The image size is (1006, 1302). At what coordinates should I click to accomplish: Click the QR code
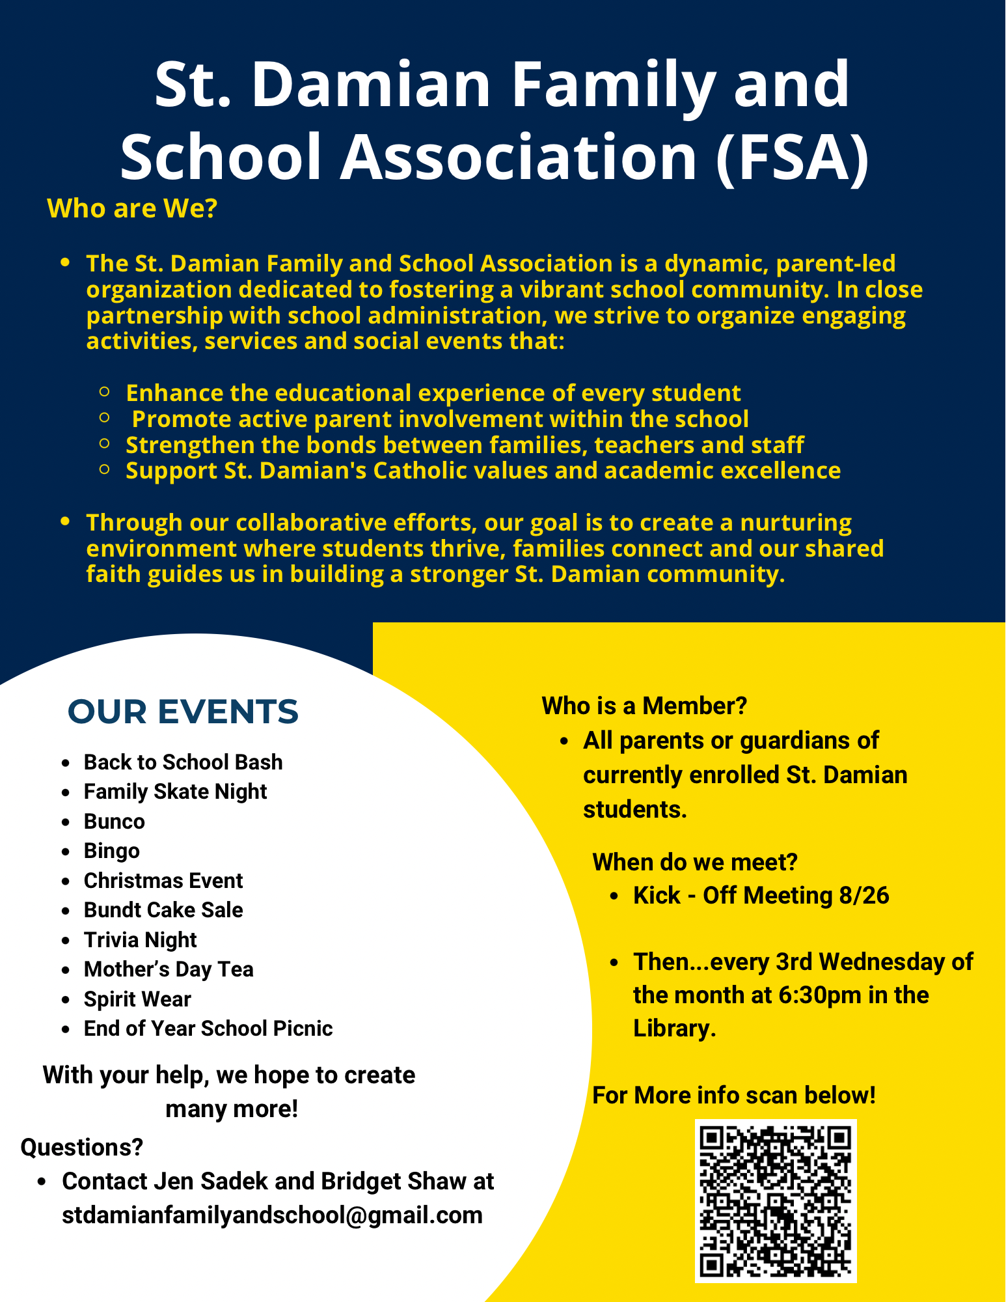point(775,1200)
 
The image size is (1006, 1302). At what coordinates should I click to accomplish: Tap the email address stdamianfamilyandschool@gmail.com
point(272,1215)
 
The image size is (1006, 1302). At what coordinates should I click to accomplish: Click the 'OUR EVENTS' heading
point(183,712)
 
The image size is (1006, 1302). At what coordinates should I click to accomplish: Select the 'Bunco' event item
point(115,822)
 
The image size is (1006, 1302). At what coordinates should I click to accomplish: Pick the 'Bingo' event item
point(112,851)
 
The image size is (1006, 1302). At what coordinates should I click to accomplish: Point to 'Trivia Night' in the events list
point(140,940)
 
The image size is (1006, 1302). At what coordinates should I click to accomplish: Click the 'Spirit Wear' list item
point(137,999)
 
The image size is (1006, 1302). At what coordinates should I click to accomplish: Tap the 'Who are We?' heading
point(132,208)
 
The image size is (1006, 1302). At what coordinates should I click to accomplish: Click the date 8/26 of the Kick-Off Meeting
point(863,896)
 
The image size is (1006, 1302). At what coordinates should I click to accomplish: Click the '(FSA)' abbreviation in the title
point(792,157)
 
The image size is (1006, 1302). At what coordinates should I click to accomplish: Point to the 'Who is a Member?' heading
point(644,706)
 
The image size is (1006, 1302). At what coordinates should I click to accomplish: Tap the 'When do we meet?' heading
point(694,862)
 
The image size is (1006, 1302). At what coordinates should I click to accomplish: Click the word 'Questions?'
point(82,1147)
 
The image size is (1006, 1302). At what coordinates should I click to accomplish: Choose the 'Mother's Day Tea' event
point(169,969)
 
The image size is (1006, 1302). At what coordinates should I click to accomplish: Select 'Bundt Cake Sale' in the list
point(163,910)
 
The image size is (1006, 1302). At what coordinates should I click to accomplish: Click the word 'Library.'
point(675,1029)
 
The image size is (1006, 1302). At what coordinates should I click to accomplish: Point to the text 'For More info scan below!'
point(734,1096)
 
